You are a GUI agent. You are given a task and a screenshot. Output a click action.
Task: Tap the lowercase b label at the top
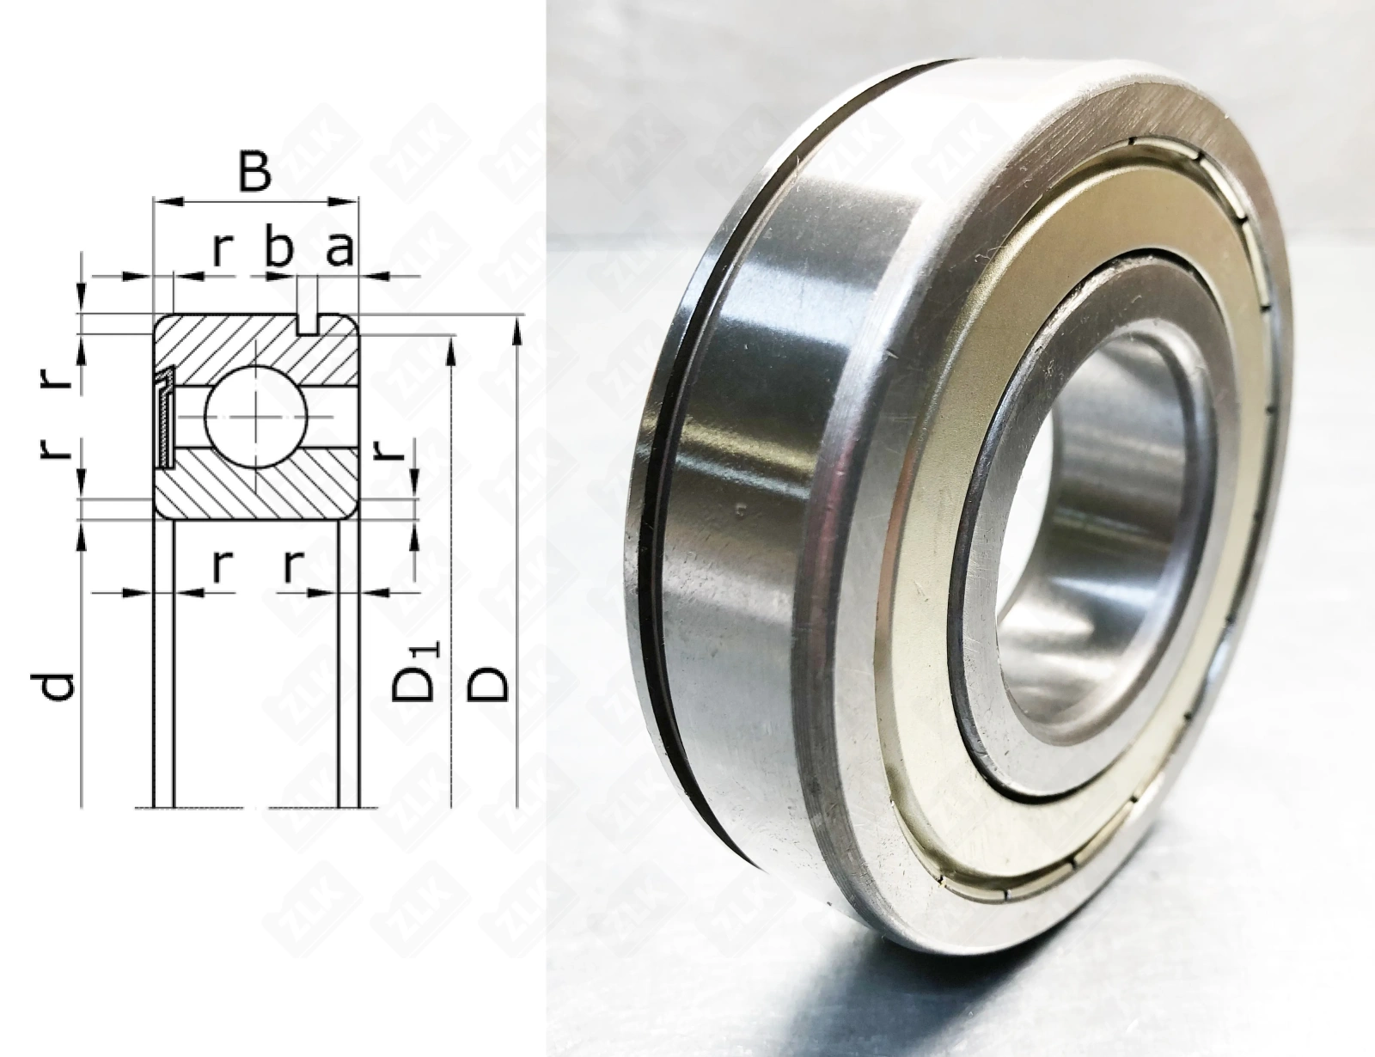pyautogui.click(x=279, y=248)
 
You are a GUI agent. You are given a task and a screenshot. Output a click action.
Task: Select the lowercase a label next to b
pyautogui.click(x=339, y=250)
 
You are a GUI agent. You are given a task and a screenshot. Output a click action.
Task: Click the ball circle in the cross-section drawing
pyautogui.click(x=256, y=417)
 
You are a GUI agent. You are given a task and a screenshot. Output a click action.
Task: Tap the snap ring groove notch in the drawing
pyautogui.click(x=309, y=323)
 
